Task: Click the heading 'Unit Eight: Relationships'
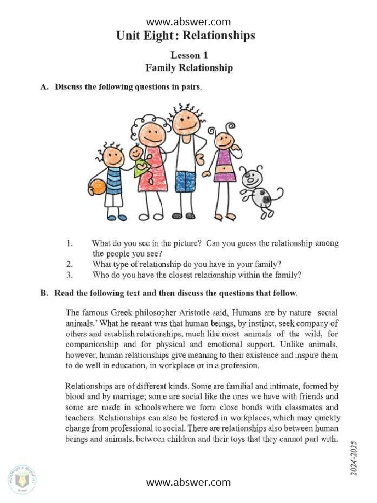186,36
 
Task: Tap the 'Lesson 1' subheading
189,55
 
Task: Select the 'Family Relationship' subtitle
189,68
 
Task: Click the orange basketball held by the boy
97,187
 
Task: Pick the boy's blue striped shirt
113,180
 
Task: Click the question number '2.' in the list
69,264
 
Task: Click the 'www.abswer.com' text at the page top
188,22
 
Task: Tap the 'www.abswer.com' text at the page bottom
188,482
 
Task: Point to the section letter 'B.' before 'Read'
44,293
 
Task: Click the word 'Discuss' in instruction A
69,87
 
